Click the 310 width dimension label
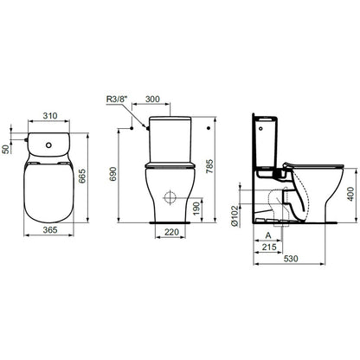(50, 116)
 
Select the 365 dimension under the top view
(50, 230)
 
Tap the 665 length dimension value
(82, 176)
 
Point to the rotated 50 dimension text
(5, 149)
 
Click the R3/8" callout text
(117, 100)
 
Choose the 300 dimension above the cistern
(152, 100)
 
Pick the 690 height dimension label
(113, 174)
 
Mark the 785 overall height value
(209, 166)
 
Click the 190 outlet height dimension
(196, 209)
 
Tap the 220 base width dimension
(171, 232)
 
